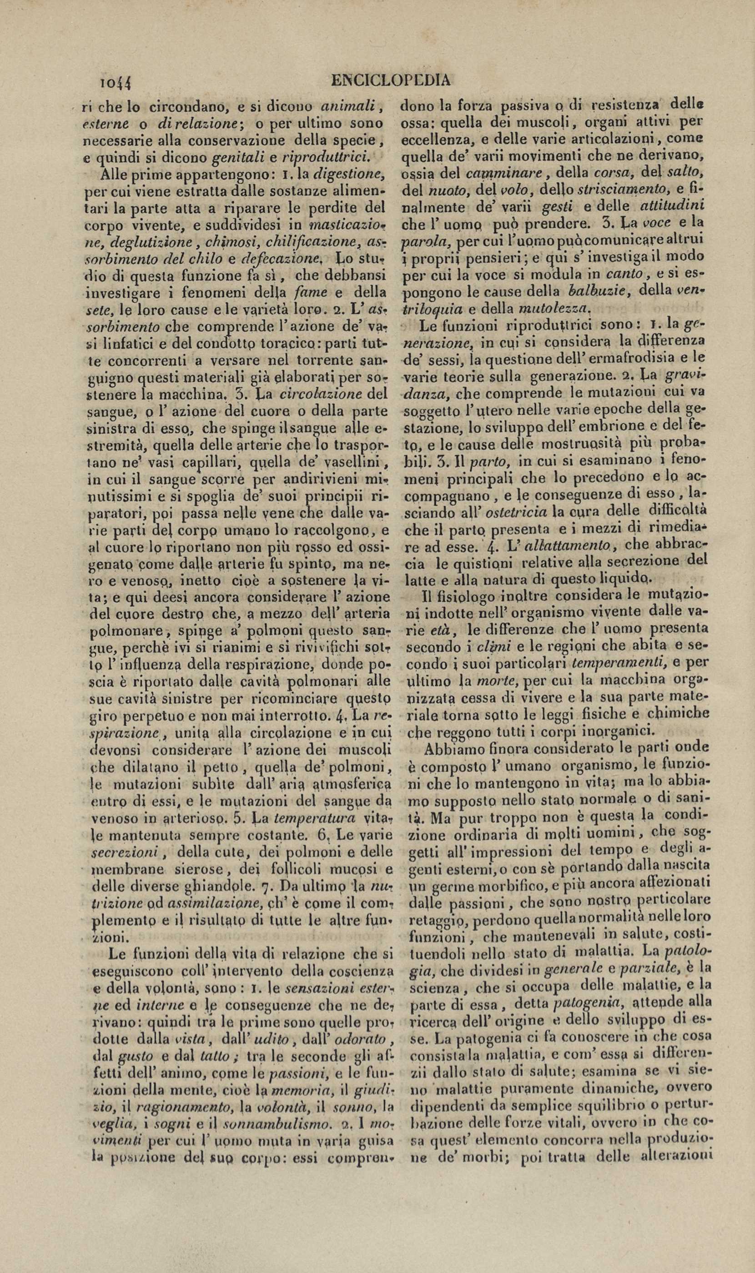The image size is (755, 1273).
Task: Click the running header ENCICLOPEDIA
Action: point(391,80)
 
